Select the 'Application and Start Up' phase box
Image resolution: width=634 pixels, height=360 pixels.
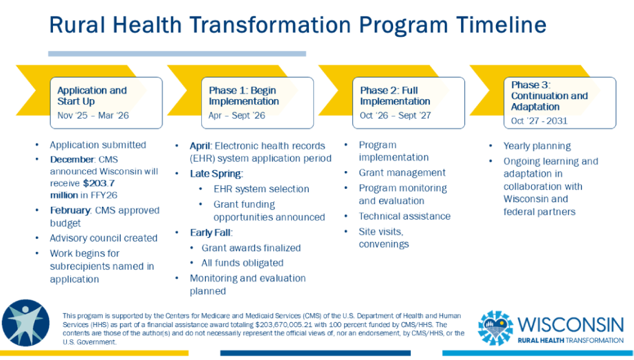[106, 102]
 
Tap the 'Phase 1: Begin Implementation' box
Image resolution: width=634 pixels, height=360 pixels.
[257, 102]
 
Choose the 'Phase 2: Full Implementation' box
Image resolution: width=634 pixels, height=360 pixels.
[408, 102]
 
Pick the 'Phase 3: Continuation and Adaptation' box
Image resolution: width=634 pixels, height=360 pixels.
[559, 102]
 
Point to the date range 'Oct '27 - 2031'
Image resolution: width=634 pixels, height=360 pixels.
[539, 121]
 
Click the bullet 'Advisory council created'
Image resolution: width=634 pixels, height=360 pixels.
[104, 238]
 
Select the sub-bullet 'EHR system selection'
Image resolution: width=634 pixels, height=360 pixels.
[261, 189]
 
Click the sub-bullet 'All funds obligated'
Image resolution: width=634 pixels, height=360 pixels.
[243, 263]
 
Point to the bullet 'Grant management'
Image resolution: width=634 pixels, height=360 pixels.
[402, 172]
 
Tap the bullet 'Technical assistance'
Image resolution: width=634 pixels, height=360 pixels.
[405, 216]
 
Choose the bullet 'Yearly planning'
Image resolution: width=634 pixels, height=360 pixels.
[537, 146]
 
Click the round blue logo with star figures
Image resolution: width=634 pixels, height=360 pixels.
[26, 323]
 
